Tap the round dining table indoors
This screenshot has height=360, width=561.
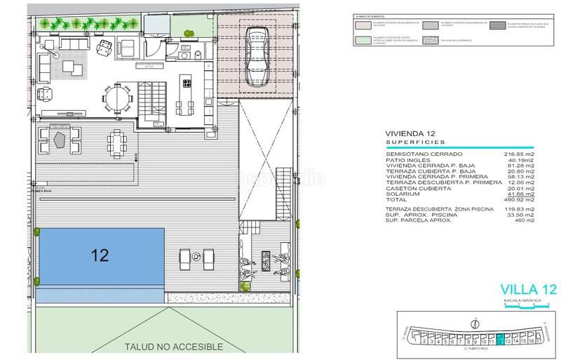pos(118,98)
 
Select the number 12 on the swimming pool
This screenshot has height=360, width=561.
pos(100,255)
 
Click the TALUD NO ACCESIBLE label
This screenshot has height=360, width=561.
pos(173,347)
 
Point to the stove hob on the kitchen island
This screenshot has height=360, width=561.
pos(188,84)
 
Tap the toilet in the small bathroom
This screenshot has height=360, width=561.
pos(198,54)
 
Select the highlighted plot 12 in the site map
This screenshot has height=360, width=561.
pos(499,341)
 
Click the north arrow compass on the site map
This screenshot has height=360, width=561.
pos(477,324)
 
